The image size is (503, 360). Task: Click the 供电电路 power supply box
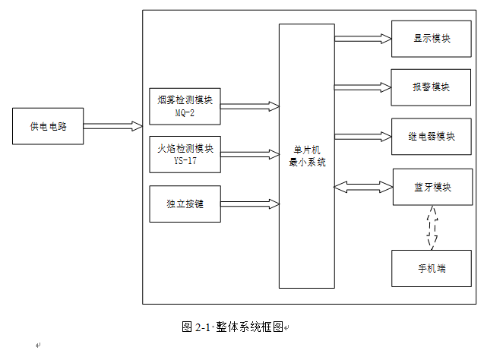point(48,126)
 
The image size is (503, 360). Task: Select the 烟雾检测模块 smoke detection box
point(185,106)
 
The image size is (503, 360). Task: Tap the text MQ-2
point(185,113)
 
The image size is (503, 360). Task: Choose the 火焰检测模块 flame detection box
point(185,154)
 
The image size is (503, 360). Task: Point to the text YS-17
point(185,160)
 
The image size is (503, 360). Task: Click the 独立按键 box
point(185,204)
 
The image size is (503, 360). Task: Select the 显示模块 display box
point(431,39)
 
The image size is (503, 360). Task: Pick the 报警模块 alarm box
point(431,87)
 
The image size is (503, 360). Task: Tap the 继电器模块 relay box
point(431,137)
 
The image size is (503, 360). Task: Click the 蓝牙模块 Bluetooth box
point(432,187)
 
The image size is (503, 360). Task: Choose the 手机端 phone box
point(432,268)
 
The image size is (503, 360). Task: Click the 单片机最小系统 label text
point(307,156)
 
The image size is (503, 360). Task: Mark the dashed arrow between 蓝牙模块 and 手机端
point(432,228)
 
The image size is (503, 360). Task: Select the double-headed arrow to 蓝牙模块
point(363,187)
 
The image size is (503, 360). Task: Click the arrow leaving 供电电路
point(113,126)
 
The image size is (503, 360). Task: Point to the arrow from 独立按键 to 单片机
point(250,204)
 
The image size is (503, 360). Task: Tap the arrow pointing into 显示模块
point(363,39)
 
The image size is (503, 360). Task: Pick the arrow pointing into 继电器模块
point(363,137)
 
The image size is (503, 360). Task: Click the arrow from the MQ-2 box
point(250,106)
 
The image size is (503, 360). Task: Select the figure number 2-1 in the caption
point(202,327)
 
